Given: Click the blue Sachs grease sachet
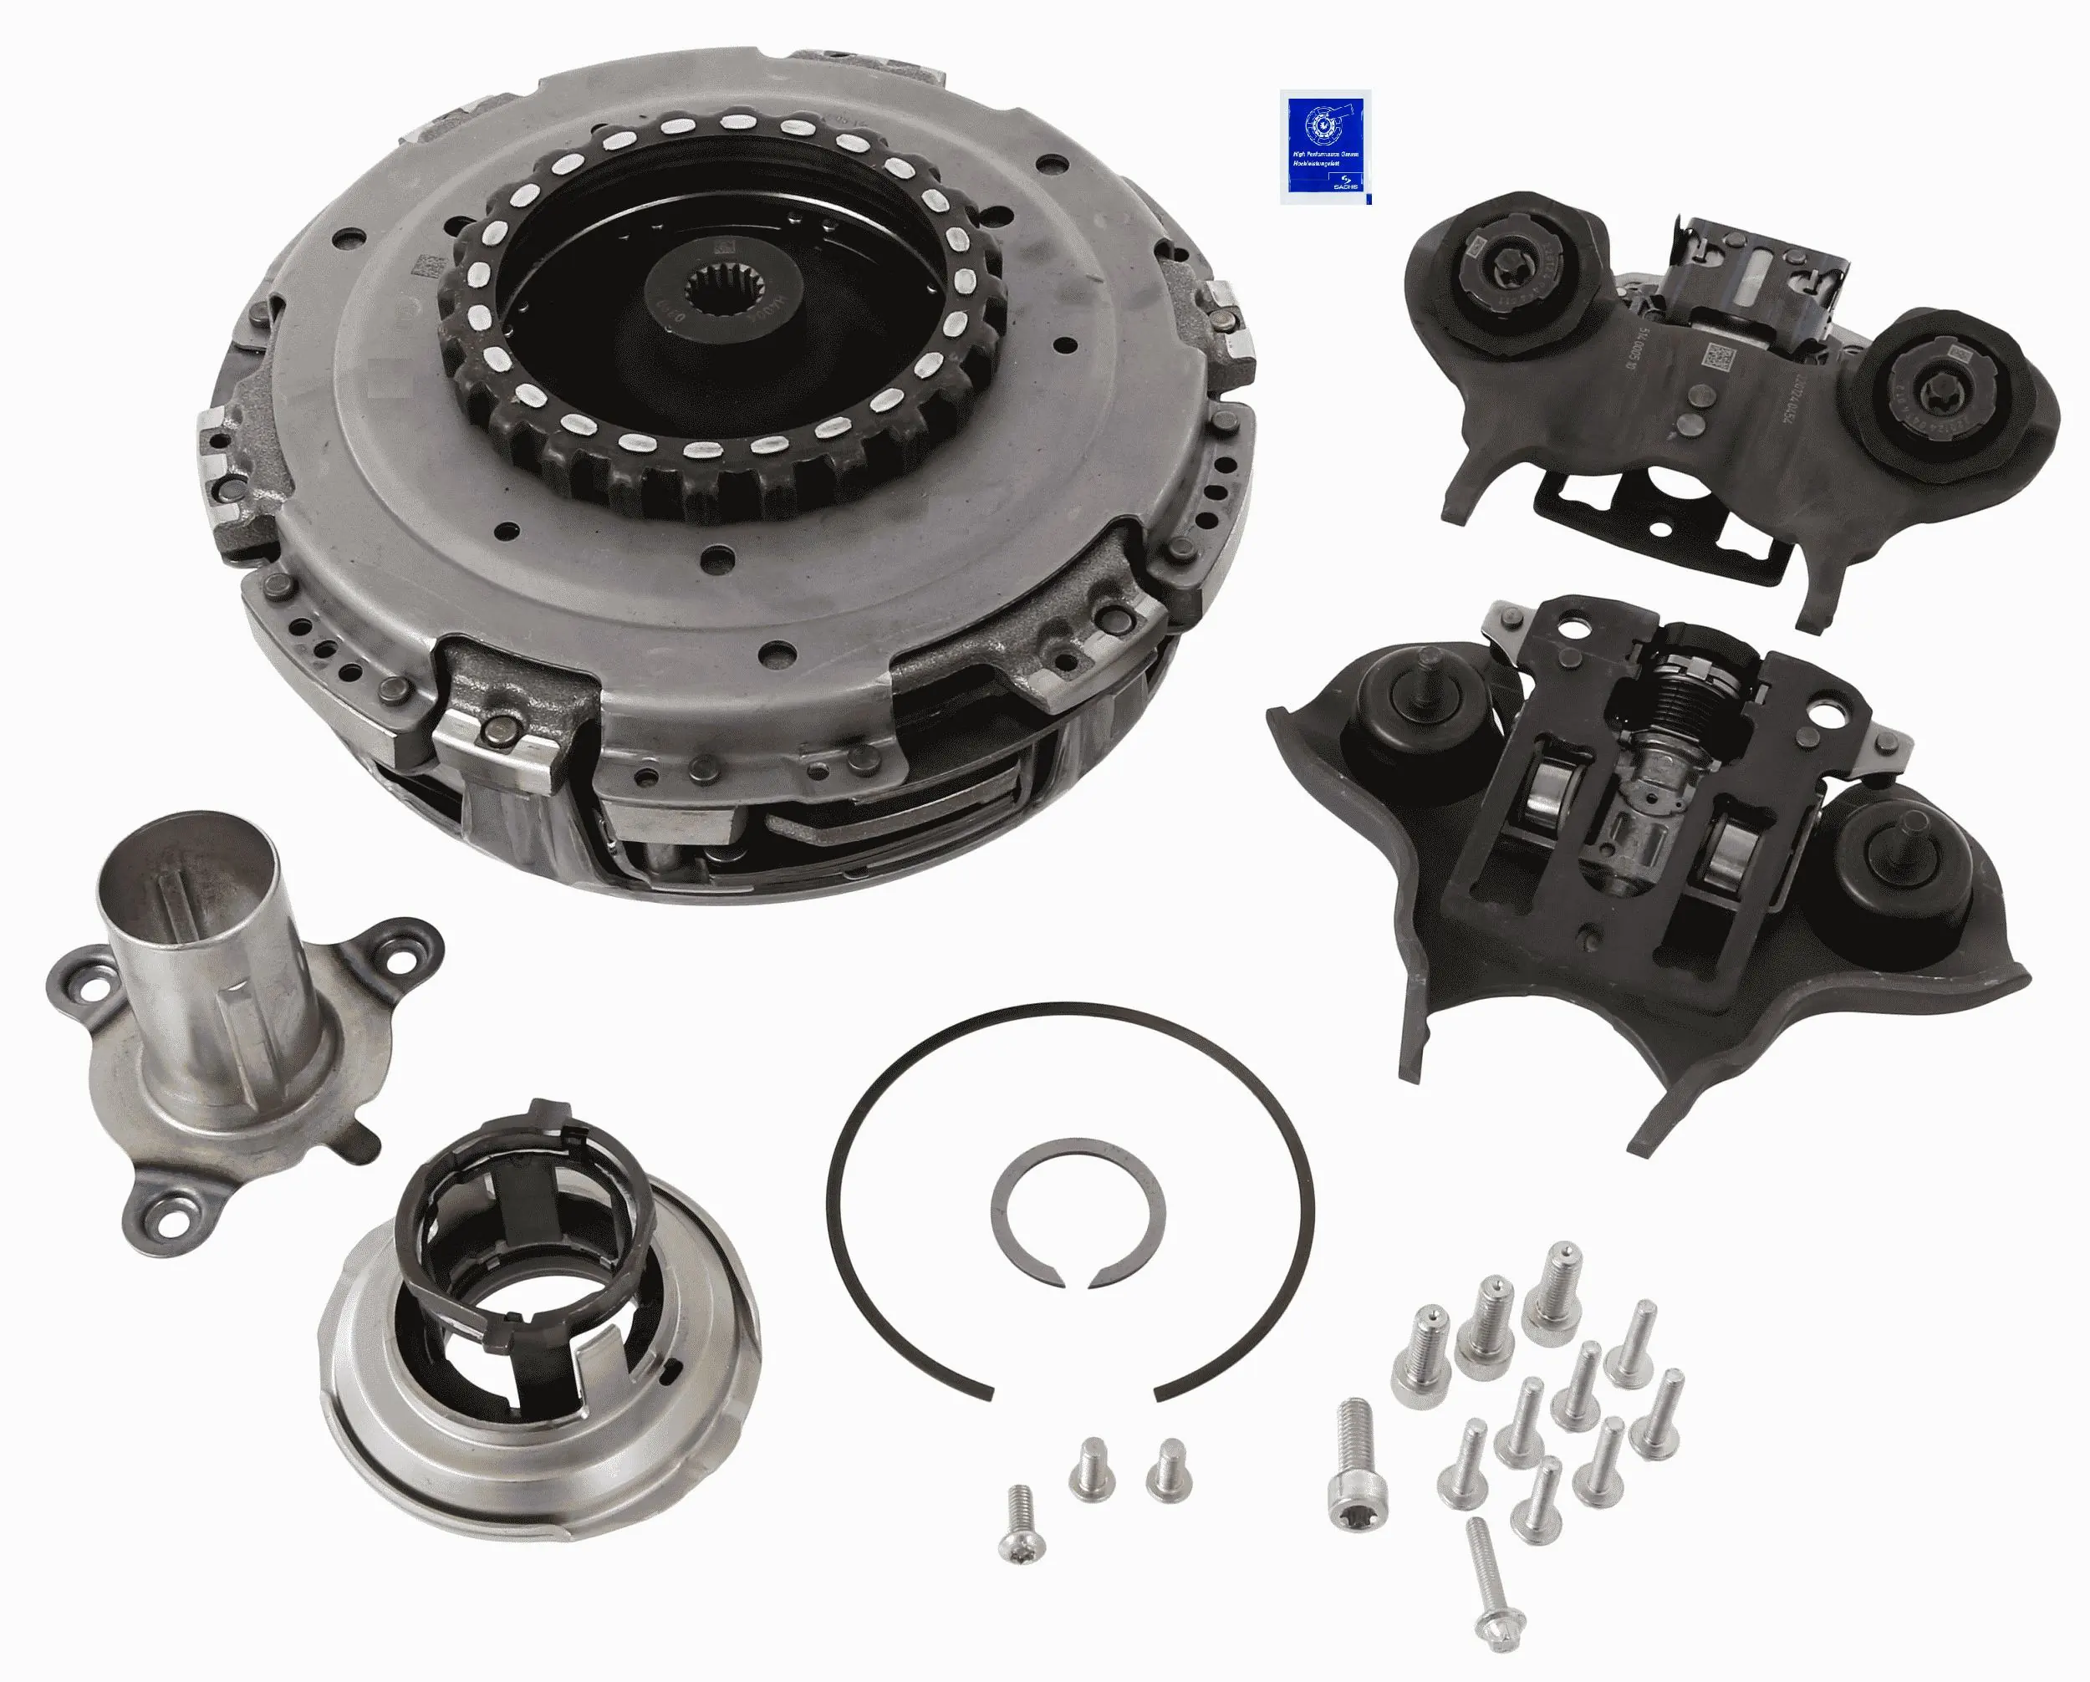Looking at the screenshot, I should [1324, 146].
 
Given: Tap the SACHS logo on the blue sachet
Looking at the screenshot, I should [1347, 184].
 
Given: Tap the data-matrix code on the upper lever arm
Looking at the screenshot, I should [1720, 359].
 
